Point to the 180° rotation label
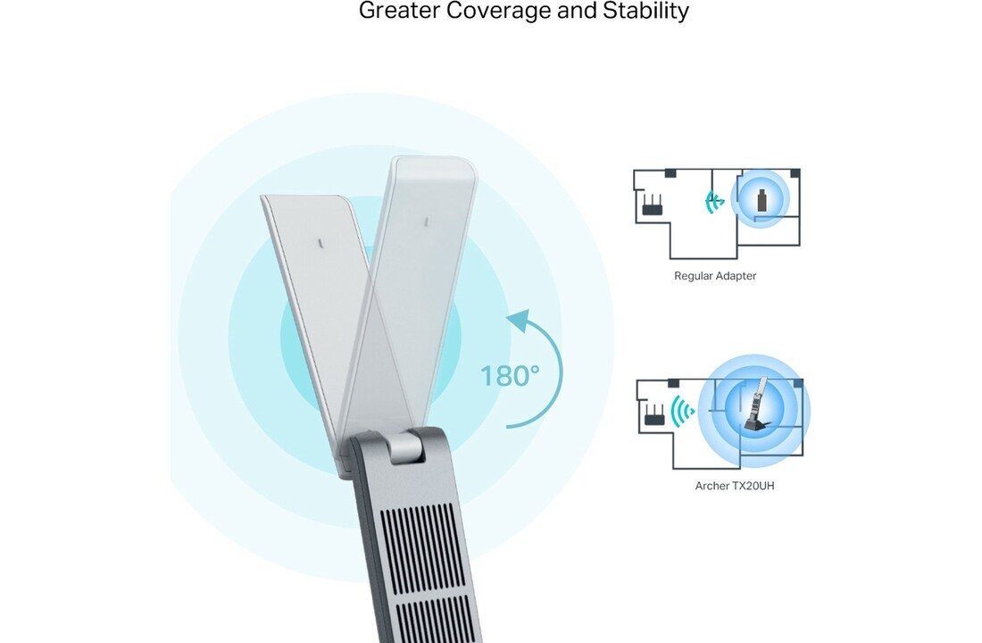click(511, 376)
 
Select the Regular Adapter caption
click(715, 276)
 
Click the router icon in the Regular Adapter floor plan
click(653, 209)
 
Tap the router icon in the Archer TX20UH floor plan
click(653, 415)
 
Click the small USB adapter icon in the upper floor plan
click(761, 201)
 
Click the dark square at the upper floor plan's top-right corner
click(795, 173)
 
